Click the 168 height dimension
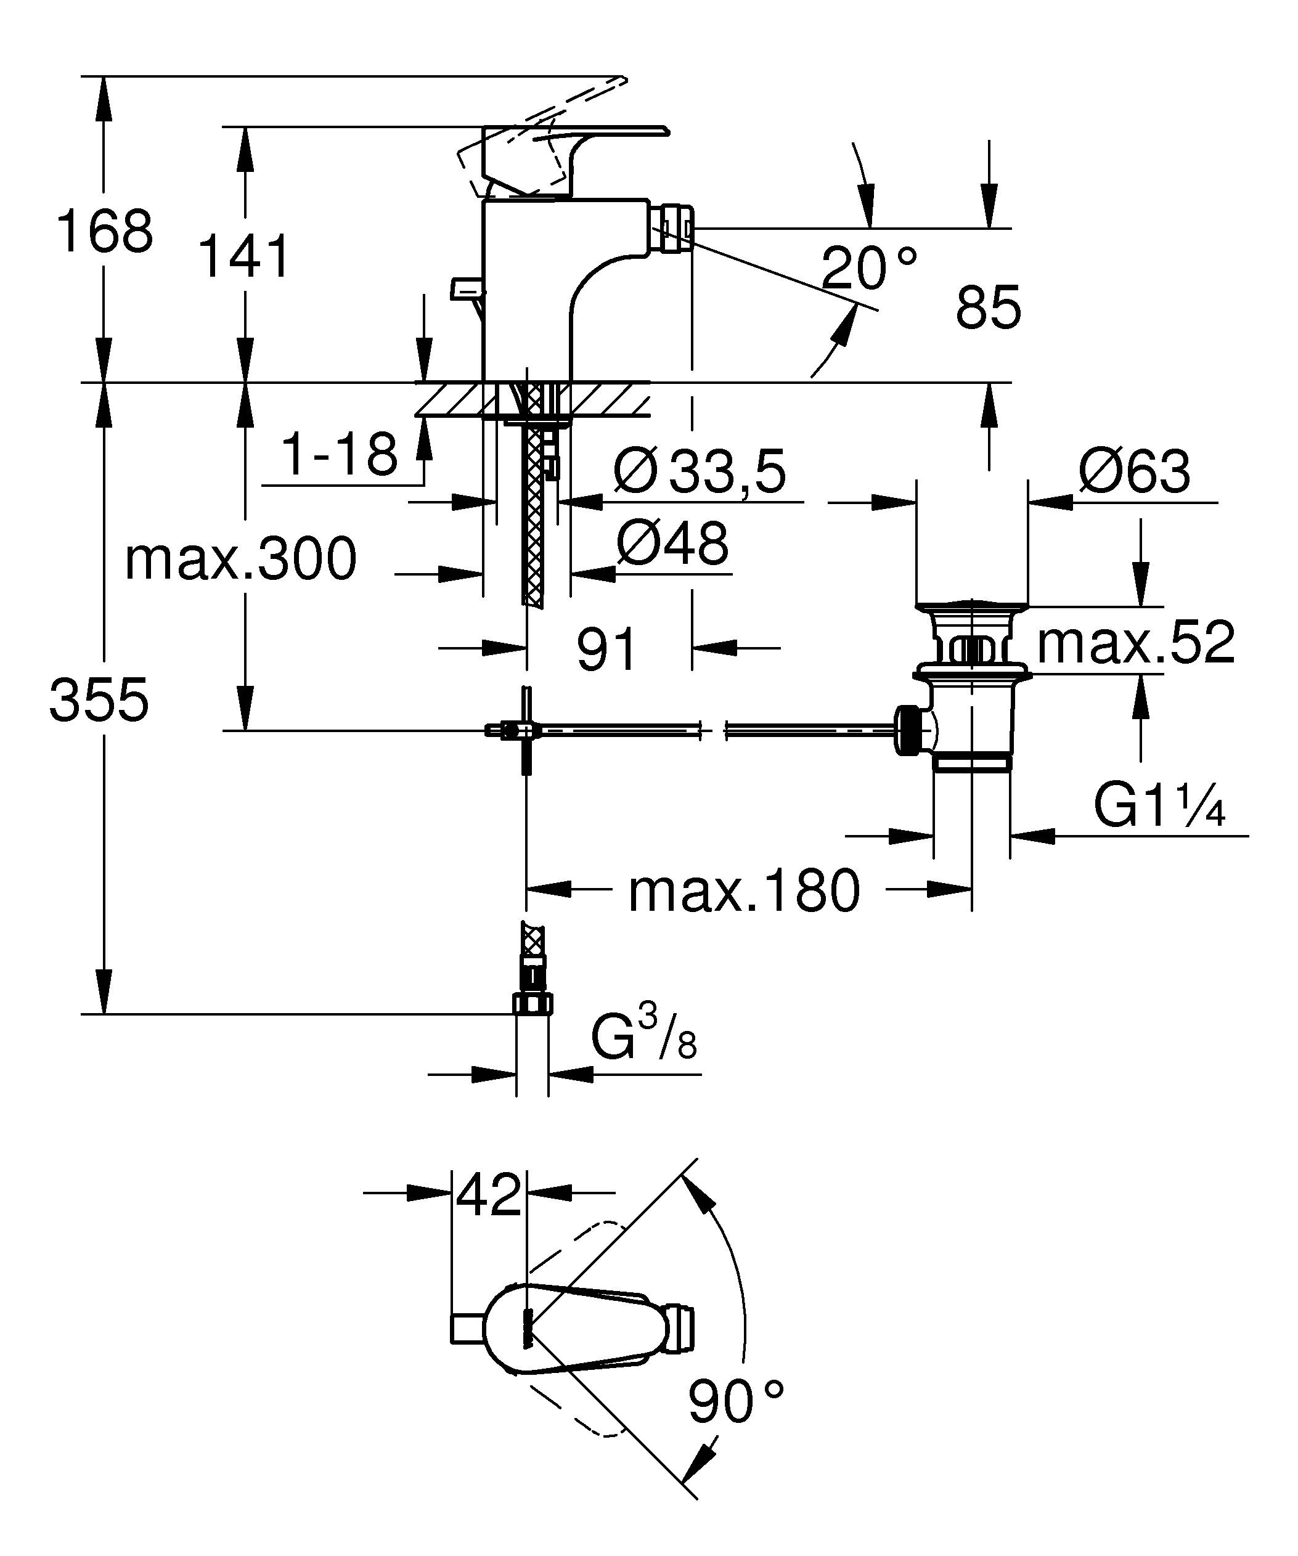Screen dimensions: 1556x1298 [104, 231]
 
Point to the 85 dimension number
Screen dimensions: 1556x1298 [989, 308]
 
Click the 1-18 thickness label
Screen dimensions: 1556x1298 [340, 454]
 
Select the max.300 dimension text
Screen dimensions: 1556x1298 [241, 560]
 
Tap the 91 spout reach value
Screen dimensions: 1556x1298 [606, 649]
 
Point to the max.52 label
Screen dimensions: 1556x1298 [1136, 642]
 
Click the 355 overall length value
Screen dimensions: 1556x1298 [99, 700]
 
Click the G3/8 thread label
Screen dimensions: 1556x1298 [643, 1036]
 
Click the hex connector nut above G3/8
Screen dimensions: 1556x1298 [533, 1003]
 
